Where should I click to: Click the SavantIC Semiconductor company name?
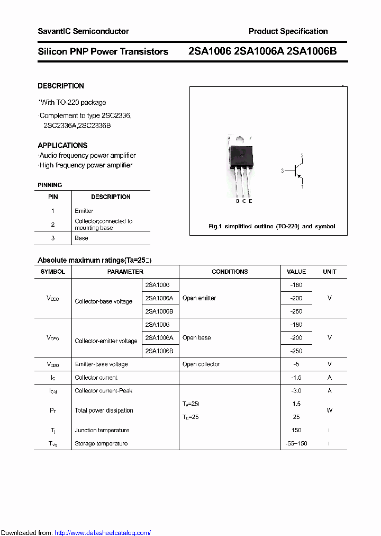click(83, 31)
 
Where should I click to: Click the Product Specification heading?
click(288, 31)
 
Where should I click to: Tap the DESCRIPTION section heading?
click(61, 86)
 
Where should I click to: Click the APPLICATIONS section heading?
click(62, 145)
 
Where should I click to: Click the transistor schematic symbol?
click(297, 171)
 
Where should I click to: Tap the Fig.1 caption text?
click(271, 226)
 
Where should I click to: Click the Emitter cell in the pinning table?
click(84, 211)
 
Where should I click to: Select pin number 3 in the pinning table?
click(53, 238)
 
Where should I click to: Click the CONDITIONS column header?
click(230, 272)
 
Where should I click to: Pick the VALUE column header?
click(296, 272)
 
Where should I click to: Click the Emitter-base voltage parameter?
click(101, 364)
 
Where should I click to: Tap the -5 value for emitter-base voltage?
click(296, 364)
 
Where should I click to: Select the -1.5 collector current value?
click(296, 378)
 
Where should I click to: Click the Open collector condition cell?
click(201, 364)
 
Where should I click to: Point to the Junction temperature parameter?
click(102, 430)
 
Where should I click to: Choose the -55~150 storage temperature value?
click(296, 443)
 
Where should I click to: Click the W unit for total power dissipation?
click(329, 410)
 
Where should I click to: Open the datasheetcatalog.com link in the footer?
click(103, 533)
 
